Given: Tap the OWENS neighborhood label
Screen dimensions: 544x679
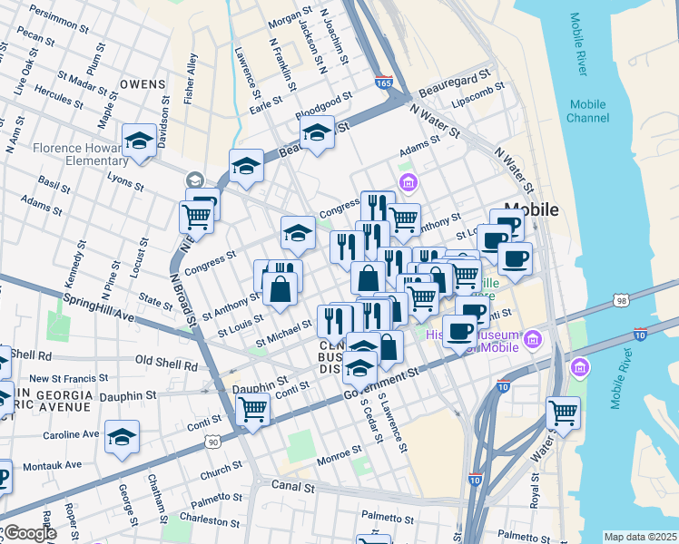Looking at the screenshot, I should (143, 83).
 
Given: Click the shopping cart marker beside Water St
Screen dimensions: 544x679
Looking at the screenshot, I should (563, 413).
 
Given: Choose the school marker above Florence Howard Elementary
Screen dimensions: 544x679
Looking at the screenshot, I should (139, 141).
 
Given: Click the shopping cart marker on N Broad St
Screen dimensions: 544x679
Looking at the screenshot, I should (197, 217).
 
